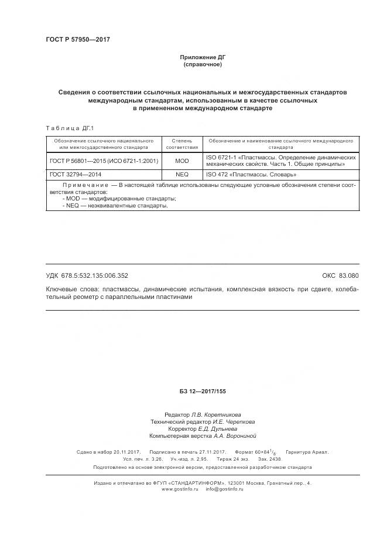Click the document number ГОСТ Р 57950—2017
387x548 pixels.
tap(78, 39)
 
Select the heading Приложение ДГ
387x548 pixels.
tap(202, 57)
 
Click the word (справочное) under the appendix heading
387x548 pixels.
tap(202, 64)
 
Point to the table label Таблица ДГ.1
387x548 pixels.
tap(69, 128)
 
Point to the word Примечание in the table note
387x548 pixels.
tap(86, 185)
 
